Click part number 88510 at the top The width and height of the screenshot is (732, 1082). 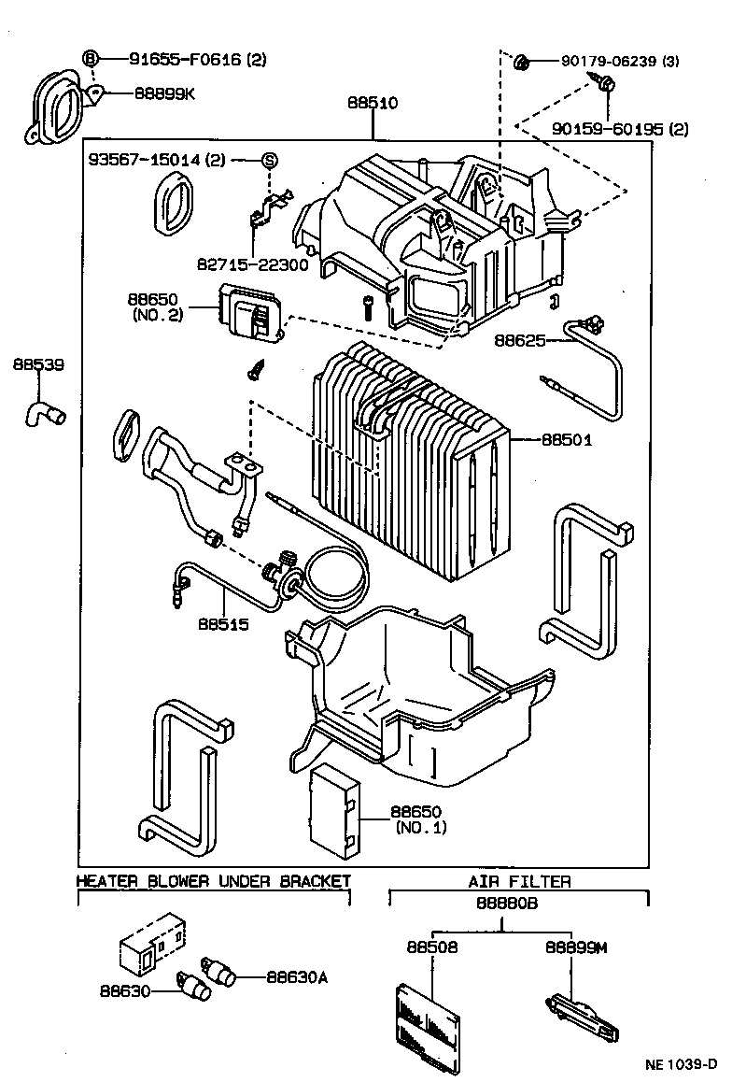tap(373, 104)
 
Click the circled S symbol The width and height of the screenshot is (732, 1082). tap(269, 160)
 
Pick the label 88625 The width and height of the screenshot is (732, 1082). tap(520, 341)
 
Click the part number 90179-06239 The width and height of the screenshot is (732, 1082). tap(608, 62)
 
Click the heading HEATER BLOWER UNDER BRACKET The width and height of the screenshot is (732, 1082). tap(213, 880)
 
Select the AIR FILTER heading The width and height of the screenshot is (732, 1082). tap(519, 880)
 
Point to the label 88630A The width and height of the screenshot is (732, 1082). tap(297, 977)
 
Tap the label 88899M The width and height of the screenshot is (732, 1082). tap(575, 947)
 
